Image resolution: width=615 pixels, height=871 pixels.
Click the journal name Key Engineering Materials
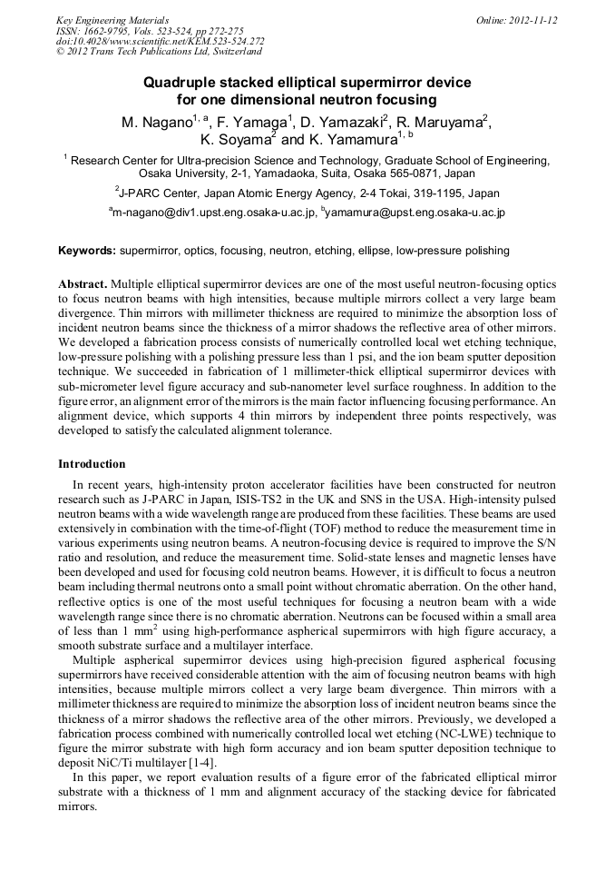112,19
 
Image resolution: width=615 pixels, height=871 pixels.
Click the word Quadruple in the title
184,83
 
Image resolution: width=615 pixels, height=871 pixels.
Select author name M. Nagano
151,123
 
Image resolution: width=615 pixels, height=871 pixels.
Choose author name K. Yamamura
352,141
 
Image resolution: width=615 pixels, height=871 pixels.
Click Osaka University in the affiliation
181,173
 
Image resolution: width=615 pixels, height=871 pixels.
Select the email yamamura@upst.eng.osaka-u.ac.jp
415,213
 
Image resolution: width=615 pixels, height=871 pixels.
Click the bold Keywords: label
87,251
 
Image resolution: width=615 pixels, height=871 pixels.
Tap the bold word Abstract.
83,282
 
